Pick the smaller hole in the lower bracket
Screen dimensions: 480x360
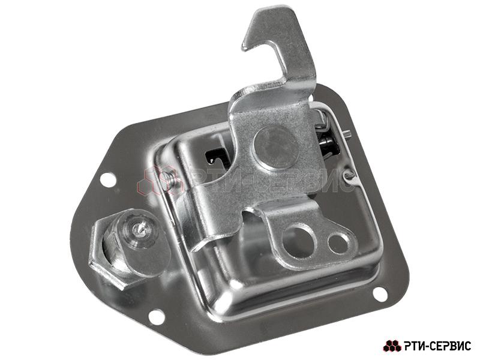[338, 244]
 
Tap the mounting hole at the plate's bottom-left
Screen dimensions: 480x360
[156, 316]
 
